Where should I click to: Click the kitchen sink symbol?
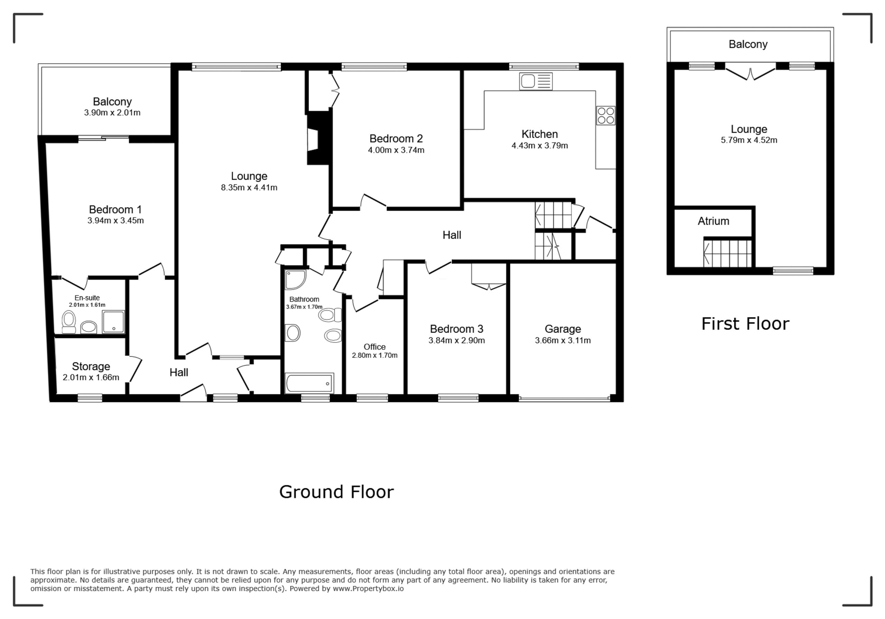[x=536, y=81]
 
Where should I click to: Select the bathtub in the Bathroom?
[x=309, y=383]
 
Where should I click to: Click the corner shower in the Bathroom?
[x=295, y=280]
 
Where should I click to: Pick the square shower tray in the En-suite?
[x=113, y=322]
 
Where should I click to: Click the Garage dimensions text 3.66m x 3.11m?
[x=563, y=340]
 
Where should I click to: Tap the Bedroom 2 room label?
[x=396, y=138]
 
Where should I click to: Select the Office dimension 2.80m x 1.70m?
[x=375, y=355]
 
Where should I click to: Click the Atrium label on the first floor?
[x=714, y=221]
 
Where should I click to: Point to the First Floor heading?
[x=745, y=323]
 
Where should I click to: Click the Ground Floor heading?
[x=336, y=492]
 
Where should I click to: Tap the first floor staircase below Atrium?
[x=727, y=253]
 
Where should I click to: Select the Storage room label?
[x=91, y=366]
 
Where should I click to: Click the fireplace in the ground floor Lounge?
[x=318, y=138]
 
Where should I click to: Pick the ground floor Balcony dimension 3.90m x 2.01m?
[x=112, y=113]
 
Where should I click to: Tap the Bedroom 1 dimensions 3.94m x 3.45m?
[x=115, y=221]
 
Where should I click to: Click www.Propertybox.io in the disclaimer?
[x=368, y=589]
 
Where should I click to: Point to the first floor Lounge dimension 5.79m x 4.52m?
[x=749, y=140]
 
